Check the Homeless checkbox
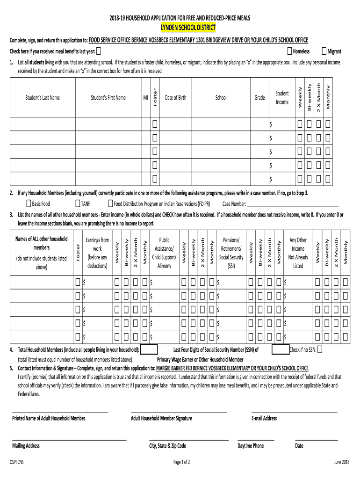click(290, 51)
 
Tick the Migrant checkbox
click(324, 51)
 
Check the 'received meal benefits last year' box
click(99, 51)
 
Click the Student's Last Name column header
click(43, 98)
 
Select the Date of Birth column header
click(175, 98)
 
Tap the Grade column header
click(259, 98)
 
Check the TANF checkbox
click(78, 203)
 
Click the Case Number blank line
click(292, 204)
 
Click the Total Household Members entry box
click(149, 350)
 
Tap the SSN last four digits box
click(280, 350)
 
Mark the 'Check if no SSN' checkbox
click(320, 349)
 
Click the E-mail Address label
click(264, 418)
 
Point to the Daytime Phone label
click(250, 446)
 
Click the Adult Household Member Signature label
click(161, 418)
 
